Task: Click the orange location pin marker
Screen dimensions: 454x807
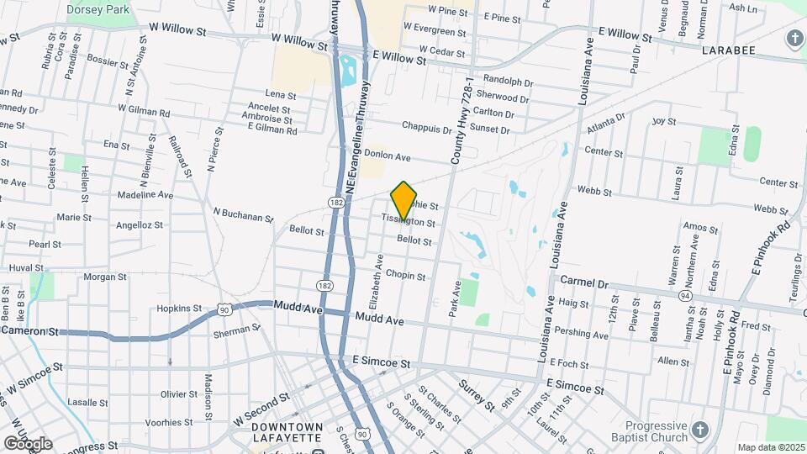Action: tap(404, 200)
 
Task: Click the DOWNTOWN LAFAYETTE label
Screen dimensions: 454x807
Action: tap(287, 433)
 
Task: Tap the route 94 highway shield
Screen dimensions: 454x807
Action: tap(686, 296)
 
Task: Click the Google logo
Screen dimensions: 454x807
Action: tap(27, 444)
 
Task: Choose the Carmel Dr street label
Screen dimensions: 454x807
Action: tap(583, 282)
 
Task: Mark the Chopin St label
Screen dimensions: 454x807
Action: tap(405, 276)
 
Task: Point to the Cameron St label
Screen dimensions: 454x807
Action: tap(29, 331)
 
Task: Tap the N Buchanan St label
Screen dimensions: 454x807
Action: tap(243, 216)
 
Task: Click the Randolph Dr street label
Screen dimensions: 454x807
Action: tap(509, 82)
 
